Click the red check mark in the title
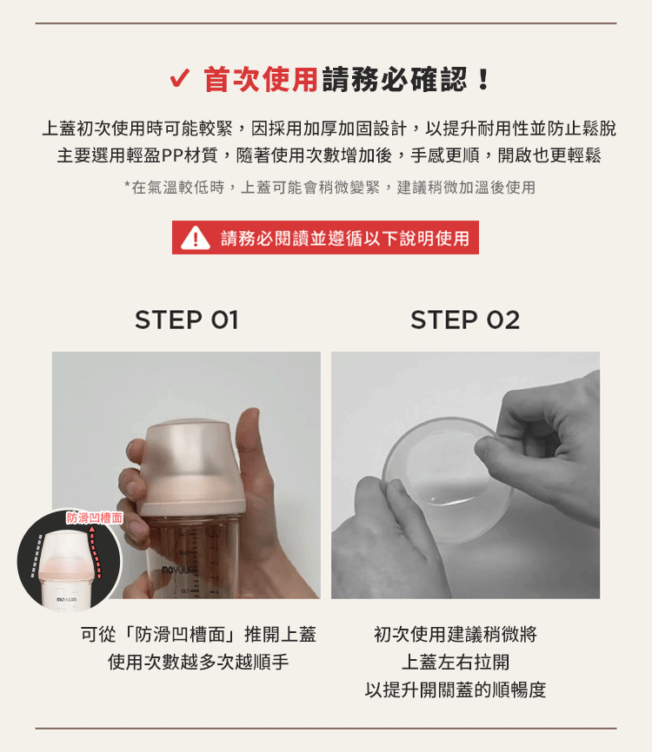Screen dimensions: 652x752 pos(180,78)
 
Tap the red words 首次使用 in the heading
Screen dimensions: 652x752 pos(261,79)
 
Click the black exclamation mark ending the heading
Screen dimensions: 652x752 pos(483,80)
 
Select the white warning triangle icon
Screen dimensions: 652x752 pos(196,237)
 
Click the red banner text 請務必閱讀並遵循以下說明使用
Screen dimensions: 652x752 pos(345,238)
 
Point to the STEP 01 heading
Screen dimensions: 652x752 pos(187,320)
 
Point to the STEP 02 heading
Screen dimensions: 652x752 pos(465,320)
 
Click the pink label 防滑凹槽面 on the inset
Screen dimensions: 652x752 pos(95,518)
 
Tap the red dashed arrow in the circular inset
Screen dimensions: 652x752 pos(95,552)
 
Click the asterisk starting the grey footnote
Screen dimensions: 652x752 pos(127,185)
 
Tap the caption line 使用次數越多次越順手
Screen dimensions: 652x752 pos(198,663)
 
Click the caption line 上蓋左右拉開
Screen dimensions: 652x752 pos(456,663)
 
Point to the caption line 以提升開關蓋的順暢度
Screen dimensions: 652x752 pos(456,690)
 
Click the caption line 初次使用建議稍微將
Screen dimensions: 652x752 pos(456,635)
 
